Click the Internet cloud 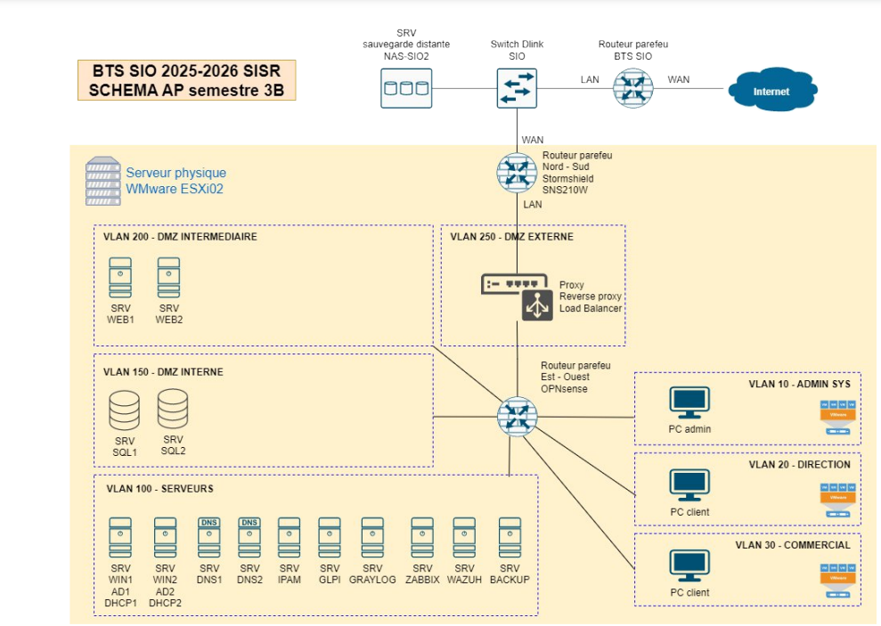(771, 91)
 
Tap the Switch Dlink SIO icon (517, 88)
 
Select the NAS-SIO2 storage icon (405, 88)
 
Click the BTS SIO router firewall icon (633, 88)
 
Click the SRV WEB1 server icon (120, 277)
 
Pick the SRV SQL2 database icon (173, 409)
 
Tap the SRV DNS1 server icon (208, 537)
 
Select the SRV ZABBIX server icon (422, 537)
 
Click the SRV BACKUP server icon (510, 537)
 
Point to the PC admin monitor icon (689, 403)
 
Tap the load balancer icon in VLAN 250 (538, 305)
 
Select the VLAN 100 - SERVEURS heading (159, 488)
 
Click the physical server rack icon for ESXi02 (102, 182)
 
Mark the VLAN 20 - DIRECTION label (799, 464)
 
